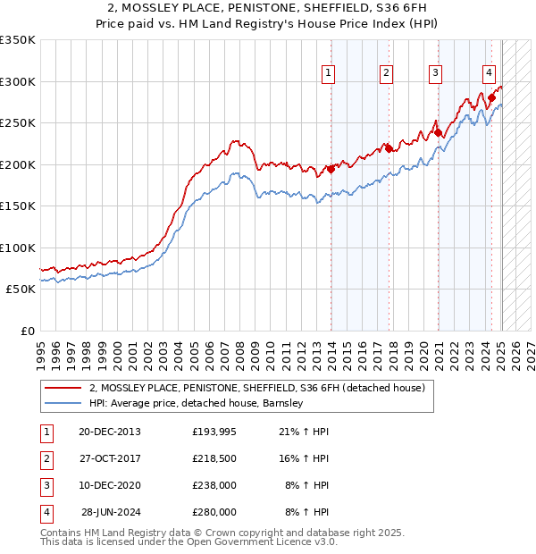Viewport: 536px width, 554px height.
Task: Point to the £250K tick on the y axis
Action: (x=18, y=123)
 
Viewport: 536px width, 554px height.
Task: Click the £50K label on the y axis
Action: (x=21, y=290)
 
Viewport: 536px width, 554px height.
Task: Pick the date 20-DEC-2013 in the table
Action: (x=109, y=432)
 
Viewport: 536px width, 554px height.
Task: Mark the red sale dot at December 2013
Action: (x=331, y=169)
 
